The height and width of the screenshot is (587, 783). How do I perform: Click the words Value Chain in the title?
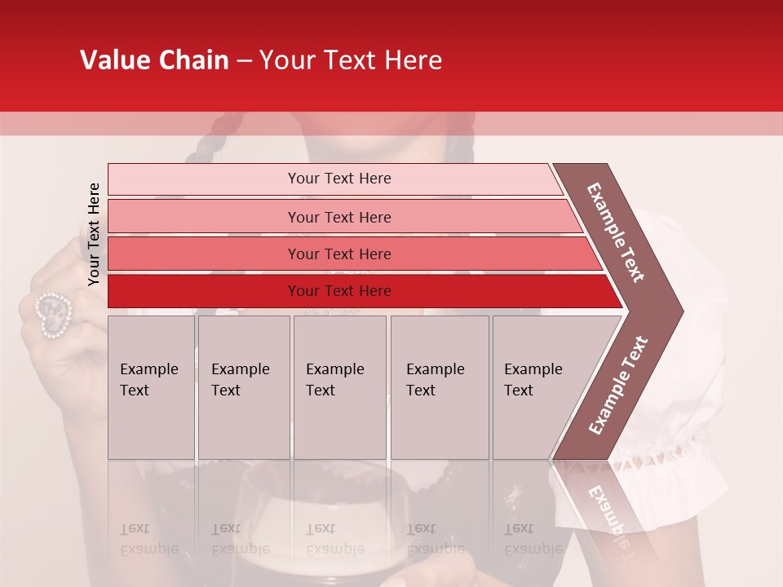[x=154, y=60]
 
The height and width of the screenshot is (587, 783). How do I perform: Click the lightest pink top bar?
[x=338, y=179]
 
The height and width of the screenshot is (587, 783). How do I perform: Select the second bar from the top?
[x=338, y=217]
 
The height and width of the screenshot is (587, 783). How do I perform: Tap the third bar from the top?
[x=338, y=254]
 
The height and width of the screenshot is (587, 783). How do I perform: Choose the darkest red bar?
[x=338, y=291]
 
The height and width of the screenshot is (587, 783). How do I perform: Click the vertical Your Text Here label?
[x=94, y=234]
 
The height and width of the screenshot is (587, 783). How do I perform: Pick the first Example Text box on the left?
[x=151, y=386]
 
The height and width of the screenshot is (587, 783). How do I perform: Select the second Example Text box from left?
[x=243, y=386]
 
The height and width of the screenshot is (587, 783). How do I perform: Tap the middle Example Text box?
[x=339, y=386]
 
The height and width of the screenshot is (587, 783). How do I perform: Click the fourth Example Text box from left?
[x=439, y=386]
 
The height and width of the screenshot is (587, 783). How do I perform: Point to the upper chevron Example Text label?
[x=617, y=232]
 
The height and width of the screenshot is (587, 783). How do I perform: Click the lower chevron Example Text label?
[x=618, y=385]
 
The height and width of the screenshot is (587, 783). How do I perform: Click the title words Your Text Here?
[x=351, y=60]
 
